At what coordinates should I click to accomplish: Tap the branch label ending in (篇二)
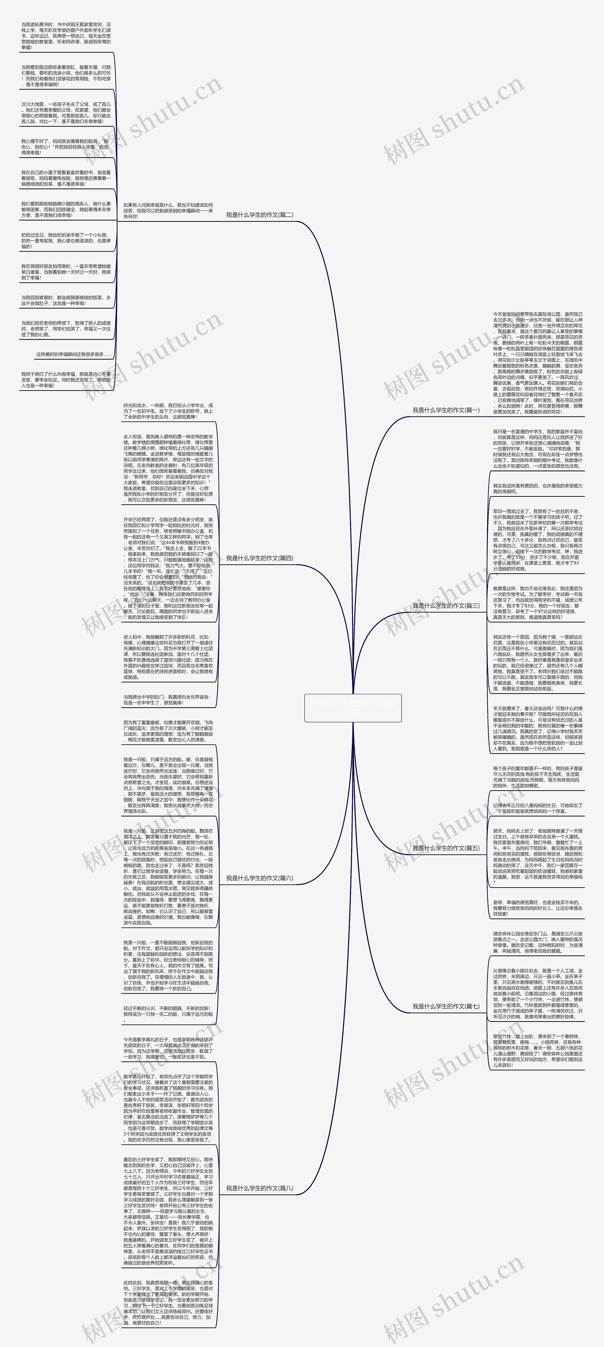[260, 215]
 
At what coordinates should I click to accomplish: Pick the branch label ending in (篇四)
[260, 558]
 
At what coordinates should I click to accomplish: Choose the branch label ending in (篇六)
[260, 878]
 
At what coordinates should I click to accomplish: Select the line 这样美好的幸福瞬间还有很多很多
[73, 355]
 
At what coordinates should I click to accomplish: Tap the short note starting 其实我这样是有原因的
[537, 488]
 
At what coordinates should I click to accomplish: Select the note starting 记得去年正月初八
[537, 808]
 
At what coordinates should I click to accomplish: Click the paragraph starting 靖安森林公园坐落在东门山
[537, 942]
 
